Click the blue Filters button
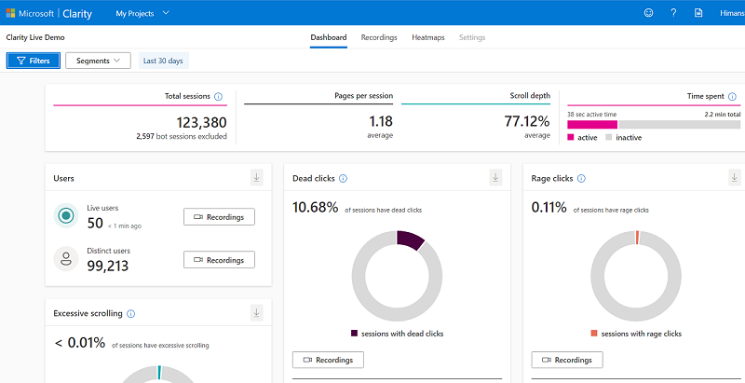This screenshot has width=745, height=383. pyautogui.click(x=34, y=61)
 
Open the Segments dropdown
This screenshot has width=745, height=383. pyautogui.click(x=98, y=61)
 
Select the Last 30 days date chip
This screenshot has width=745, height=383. pyautogui.click(x=163, y=61)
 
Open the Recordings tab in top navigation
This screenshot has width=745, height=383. pyautogui.click(x=379, y=37)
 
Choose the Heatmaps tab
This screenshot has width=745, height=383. pyautogui.click(x=427, y=37)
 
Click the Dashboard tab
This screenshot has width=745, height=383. pyautogui.click(x=328, y=37)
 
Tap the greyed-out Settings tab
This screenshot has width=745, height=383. pyautogui.click(x=472, y=37)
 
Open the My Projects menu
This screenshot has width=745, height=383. pyautogui.click(x=142, y=13)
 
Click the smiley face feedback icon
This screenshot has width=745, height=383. pyautogui.click(x=648, y=13)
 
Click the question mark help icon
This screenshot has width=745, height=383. pyautogui.click(x=673, y=13)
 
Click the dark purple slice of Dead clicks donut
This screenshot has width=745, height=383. pyautogui.click(x=409, y=240)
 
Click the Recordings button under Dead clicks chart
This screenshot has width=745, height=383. pyautogui.click(x=328, y=360)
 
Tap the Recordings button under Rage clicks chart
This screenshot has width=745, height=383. pyautogui.click(x=567, y=360)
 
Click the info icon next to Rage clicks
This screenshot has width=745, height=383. pyautogui.click(x=582, y=179)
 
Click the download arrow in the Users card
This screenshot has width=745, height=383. pyautogui.click(x=256, y=178)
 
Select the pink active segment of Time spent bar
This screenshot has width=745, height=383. pyautogui.click(x=592, y=124)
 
